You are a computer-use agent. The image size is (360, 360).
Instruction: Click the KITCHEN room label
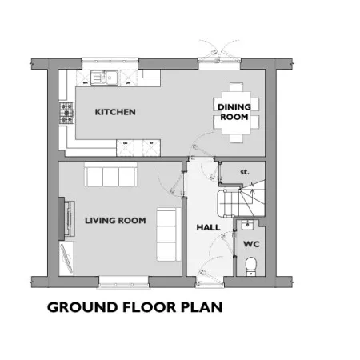coord(115,112)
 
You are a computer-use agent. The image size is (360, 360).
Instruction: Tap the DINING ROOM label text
coord(234,112)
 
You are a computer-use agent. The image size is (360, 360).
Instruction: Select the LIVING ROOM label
coord(115,221)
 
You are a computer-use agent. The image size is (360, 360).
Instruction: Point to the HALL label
coord(208,227)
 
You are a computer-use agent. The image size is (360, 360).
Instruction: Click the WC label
coord(251,244)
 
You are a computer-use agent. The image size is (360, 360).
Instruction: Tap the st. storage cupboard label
coord(245,172)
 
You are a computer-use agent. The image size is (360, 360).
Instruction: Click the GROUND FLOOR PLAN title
coord(135,307)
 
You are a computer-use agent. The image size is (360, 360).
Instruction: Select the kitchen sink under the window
coord(104,78)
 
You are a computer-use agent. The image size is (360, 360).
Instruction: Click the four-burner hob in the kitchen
coord(66,113)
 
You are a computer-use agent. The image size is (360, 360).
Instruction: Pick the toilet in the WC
coord(250,266)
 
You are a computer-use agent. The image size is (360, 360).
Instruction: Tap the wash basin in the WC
coord(247,225)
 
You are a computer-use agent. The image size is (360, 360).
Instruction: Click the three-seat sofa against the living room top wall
coord(111,174)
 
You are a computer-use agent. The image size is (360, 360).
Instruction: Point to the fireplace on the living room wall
coord(66,218)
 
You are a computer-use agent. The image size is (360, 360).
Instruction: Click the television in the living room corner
coord(66,258)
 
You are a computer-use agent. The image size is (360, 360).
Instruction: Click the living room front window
coord(124,282)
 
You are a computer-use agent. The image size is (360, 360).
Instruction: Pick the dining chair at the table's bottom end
coord(237,138)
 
